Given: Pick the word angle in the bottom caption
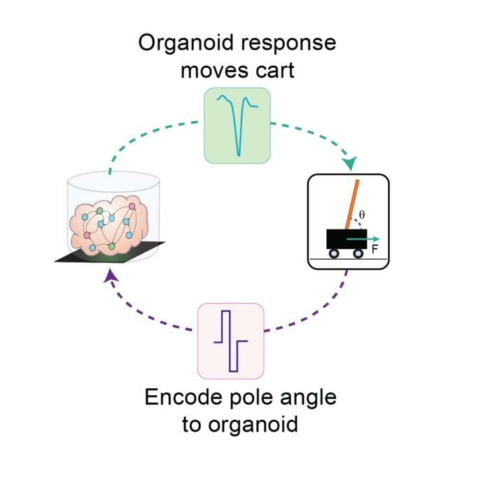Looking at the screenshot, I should (x=308, y=398).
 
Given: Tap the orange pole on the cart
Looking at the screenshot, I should (x=350, y=206).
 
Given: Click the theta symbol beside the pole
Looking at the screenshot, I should (x=361, y=214).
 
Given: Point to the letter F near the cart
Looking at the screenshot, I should (x=374, y=248).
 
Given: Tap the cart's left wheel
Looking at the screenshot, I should (x=334, y=254).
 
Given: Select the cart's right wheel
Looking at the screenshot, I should (x=358, y=254).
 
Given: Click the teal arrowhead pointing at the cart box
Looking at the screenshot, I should (x=350, y=164).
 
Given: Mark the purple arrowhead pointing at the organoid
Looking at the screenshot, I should (x=109, y=278).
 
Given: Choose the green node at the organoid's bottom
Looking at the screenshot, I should (x=112, y=246).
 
